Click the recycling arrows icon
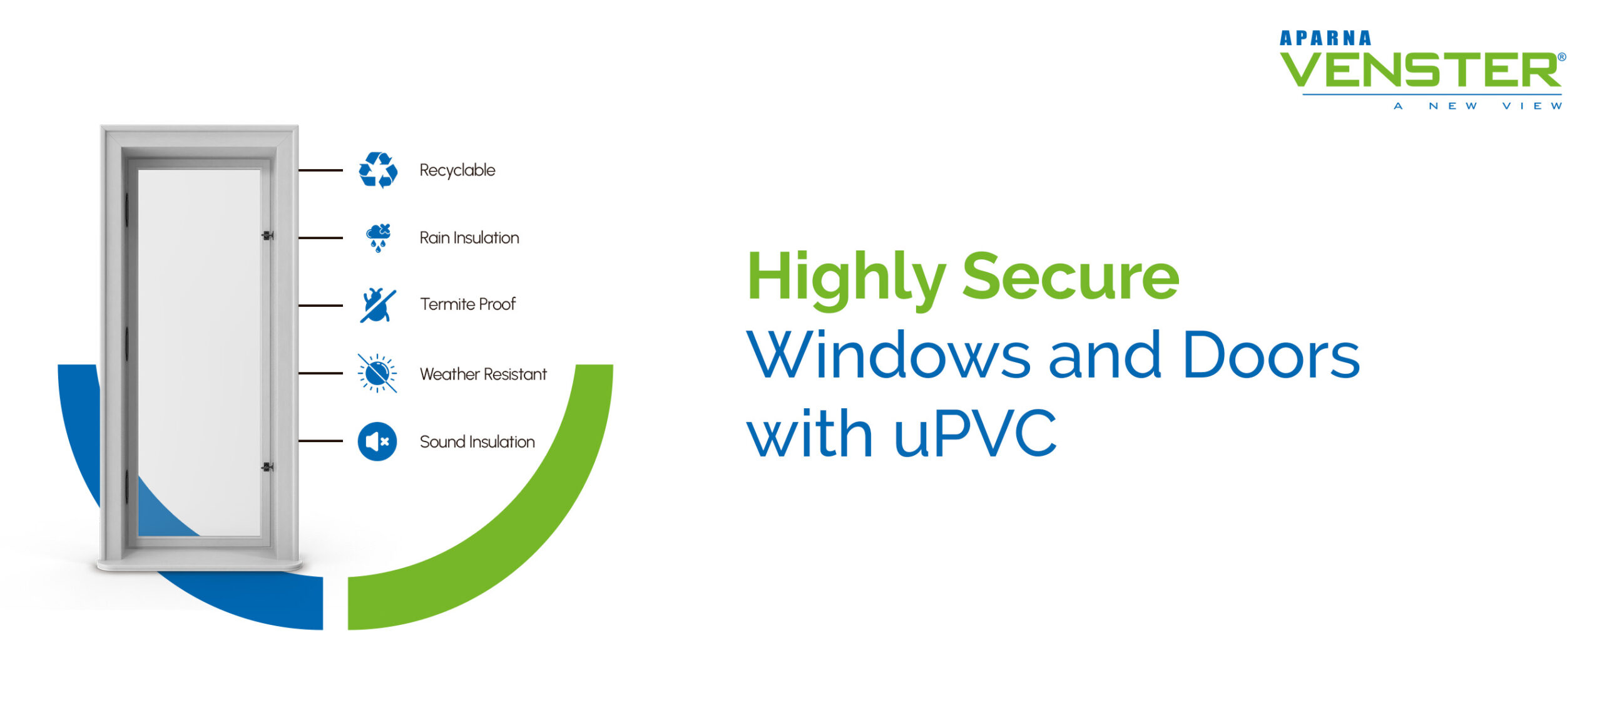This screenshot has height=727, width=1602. click(377, 170)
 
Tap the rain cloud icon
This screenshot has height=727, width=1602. click(378, 237)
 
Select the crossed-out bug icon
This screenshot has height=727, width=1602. click(377, 305)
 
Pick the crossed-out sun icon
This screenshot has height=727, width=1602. click(377, 373)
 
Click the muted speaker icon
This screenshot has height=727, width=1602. click(377, 441)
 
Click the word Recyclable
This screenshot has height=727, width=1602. click(457, 170)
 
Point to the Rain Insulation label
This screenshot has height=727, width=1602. click(469, 238)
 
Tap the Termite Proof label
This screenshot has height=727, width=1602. click(467, 304)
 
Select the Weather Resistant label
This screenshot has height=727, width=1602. click(483, 374)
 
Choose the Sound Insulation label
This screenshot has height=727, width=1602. click(477, 441)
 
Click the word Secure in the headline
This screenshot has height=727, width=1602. click(1070, 277)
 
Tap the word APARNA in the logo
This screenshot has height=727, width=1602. click(1325, 39)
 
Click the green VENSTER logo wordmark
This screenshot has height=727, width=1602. click(1421, 70)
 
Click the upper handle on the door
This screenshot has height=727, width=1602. click(267, 235)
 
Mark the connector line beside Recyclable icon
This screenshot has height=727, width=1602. click(320, 170)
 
